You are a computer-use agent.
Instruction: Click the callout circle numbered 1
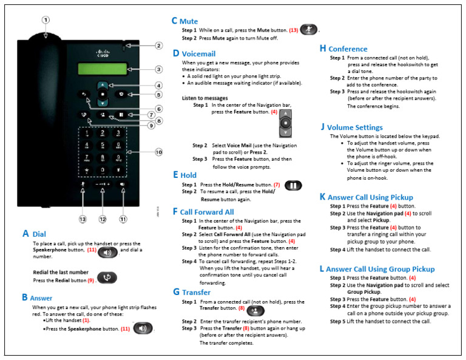point(45,19)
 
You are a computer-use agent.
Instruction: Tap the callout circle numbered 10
point(158,152)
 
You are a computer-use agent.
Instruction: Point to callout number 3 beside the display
point(158,69)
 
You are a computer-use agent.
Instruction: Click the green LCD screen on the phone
point(101,69)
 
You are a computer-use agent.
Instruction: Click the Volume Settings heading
point(355,127)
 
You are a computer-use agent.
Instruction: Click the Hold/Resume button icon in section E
point(292,185)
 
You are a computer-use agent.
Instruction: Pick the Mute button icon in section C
point(309,29)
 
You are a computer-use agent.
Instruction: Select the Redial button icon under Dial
point(107,277)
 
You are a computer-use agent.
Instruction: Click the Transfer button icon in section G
point(255,310)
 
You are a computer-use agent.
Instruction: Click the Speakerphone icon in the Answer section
point(143,328)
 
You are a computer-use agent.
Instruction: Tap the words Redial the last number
point(61,271)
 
